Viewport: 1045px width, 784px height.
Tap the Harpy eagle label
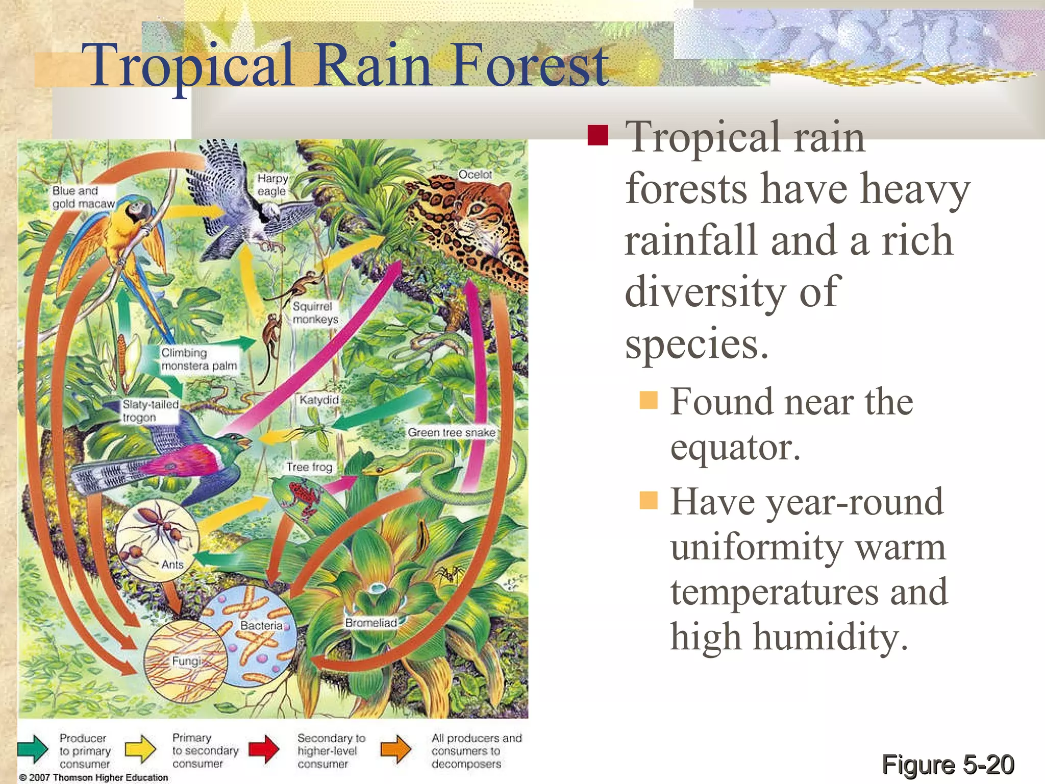tap(272, 185)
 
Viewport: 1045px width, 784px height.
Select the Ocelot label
tap(475, 175)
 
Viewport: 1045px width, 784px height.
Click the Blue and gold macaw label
tap(83, 197)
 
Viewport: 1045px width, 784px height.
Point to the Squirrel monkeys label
tap(315, 312)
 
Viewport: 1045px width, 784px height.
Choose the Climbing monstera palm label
tap(199, 359)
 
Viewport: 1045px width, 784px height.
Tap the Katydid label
tap(319, 400)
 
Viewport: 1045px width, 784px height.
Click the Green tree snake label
tap(451, 432)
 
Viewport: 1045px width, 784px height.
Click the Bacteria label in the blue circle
tap(261, 625)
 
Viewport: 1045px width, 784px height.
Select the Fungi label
tap(186, 661)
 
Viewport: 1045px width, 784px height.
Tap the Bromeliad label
tap(371, 623)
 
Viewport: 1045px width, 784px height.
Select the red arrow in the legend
tap(264, 749)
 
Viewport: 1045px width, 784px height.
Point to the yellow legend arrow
tap(140, 749)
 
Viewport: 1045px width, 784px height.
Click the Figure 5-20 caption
tap(948, 765)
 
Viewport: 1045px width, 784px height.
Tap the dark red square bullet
tap(598, 135)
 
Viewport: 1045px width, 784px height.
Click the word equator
tap(735, 448)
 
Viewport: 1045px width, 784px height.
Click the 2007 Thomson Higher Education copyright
tap(94, 777)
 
